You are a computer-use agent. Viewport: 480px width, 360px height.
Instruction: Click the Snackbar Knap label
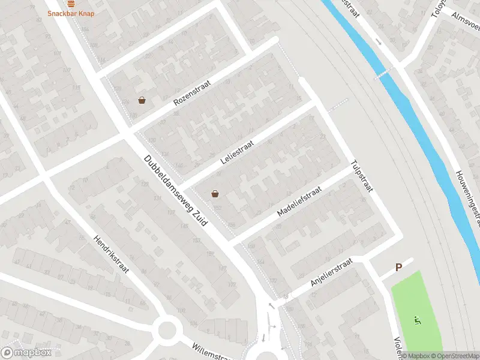pos(71,13)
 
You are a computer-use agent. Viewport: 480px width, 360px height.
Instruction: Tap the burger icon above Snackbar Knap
pos(71,3)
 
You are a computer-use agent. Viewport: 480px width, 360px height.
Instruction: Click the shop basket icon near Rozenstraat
pos(142,100)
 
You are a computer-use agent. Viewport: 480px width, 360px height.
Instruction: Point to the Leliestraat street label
pos(238,152)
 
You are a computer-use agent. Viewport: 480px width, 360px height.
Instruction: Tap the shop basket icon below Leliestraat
pos(215,193)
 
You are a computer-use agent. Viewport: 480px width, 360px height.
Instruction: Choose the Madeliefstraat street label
pos(299,201)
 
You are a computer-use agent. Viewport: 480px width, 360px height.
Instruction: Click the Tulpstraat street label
pos(362,176)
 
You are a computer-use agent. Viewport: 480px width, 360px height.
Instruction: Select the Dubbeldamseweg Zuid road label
pos(175,191)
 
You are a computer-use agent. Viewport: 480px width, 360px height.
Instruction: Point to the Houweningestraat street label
pos(469,198)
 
